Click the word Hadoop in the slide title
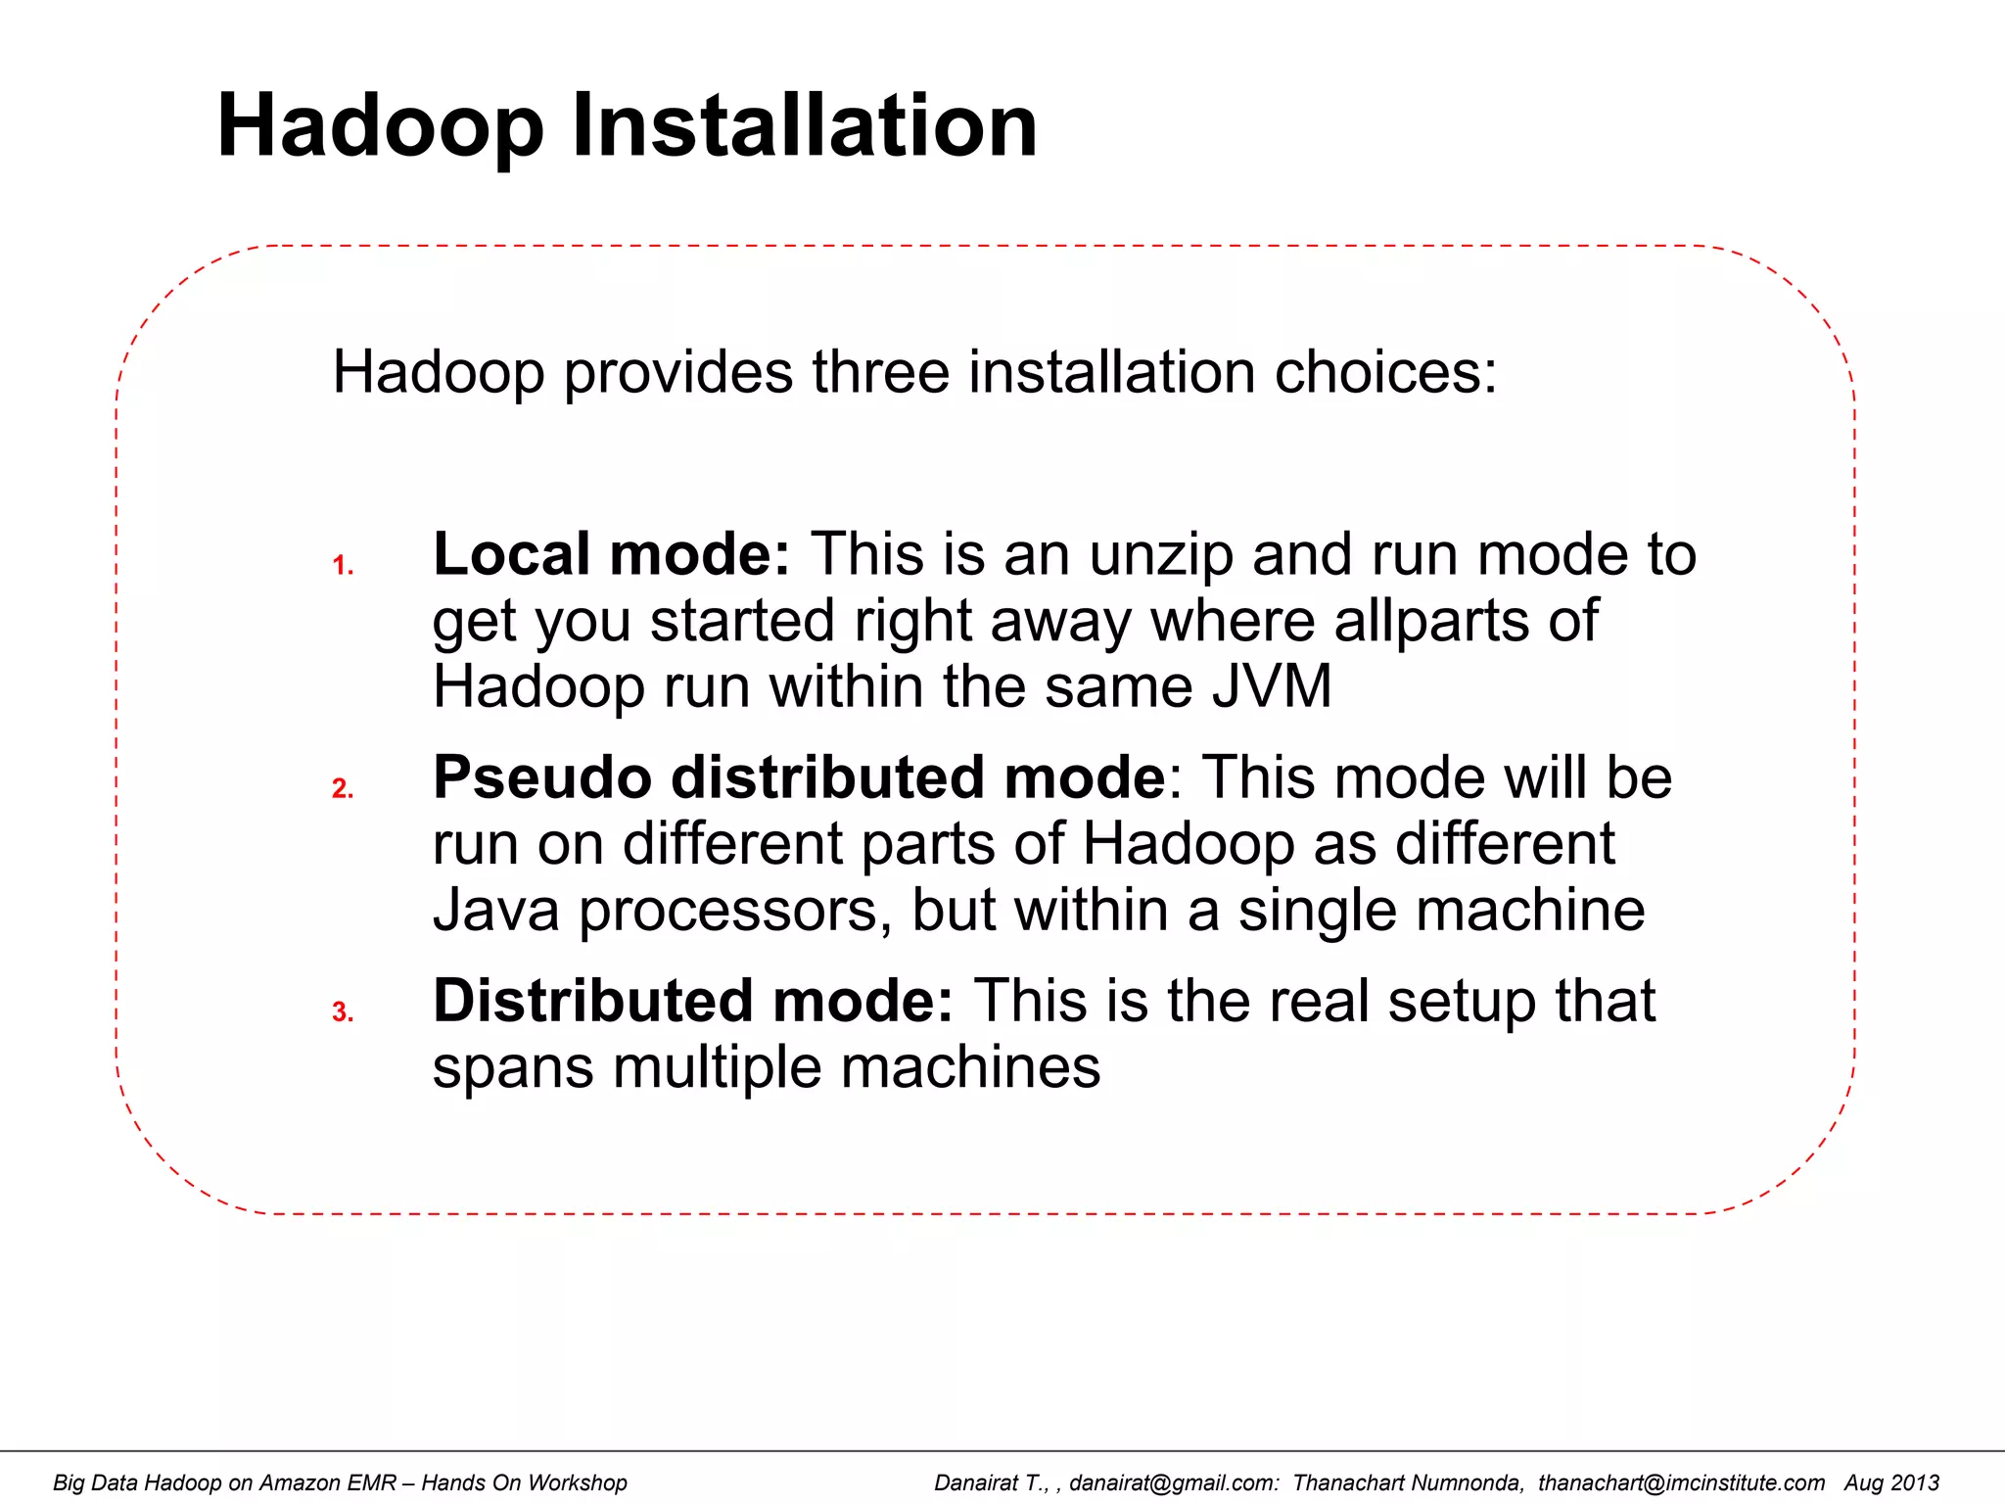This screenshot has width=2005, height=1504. [380, 127]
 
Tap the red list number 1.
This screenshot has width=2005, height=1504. [342, 565]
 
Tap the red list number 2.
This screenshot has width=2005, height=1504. [342, 788]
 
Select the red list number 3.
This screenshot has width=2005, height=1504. [342, 1011]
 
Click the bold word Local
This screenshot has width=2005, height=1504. [511, 554]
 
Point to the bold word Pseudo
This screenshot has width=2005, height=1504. [542, 777]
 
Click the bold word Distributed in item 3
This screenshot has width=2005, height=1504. [592, 1001]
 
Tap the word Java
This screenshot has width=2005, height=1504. [495, 910]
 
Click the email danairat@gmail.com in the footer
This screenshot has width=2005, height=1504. [1173, 1482]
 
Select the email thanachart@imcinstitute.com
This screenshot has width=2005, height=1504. [1680, 1482]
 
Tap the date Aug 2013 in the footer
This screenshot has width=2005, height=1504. [1891, 1482]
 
